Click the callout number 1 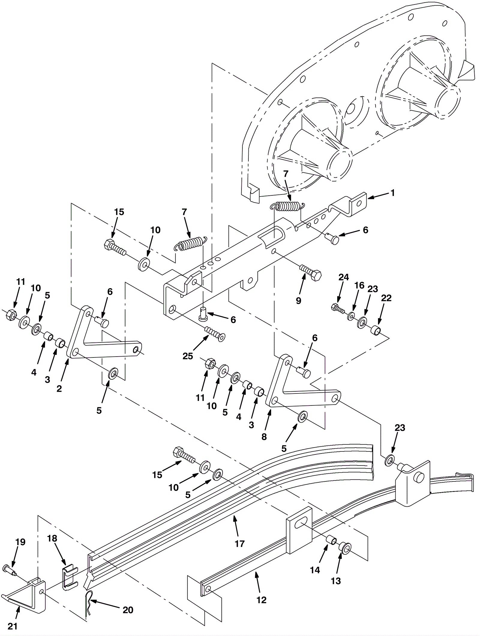pos(392,193)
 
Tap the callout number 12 pos(262,600)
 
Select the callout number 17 pos(240,544)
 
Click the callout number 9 pos(298,301)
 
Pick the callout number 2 pos(59,388)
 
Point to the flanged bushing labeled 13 pos(344,548)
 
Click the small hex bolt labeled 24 pos(338,309)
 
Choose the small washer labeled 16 pos(351,317)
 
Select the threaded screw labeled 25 pos(214,334)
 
